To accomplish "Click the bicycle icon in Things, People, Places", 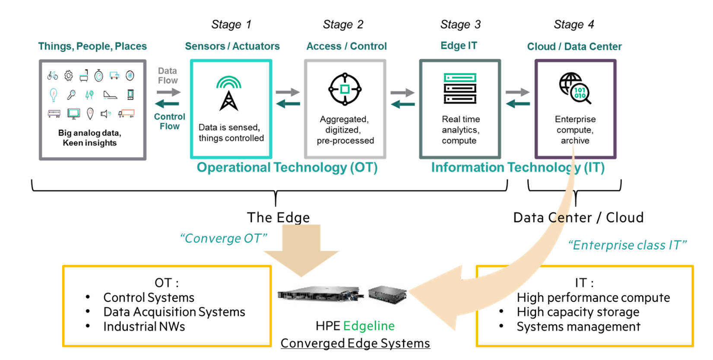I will click(x=53, y=76).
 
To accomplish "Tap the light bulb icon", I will click(x=53, y=95).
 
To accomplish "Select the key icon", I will click(x=71, y=95).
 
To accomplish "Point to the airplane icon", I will click(x=110, y=95).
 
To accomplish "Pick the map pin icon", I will click(x=90, y=114).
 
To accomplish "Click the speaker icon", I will click(x=106, y=114).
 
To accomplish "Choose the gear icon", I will click(x=69, y=76).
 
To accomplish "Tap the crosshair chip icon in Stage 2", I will click(x=345, y=89).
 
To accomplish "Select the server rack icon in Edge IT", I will click(x=460, y=88).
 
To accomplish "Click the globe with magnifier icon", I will click(x=575, y=88).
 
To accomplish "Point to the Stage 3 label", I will click(x=460, y=25).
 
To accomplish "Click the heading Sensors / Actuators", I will click(x=232, y=46).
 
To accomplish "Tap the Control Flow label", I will click(x=169, y=121).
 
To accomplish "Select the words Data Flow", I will click(x=168, y=76).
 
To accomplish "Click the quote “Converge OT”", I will click(x=223, y=238).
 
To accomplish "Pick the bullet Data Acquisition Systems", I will click(x=174, y=312).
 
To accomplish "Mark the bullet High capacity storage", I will click(x=578, y=312).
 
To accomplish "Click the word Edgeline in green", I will click(x=369, y=326).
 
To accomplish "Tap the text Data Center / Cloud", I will click(x=578, y=218).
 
